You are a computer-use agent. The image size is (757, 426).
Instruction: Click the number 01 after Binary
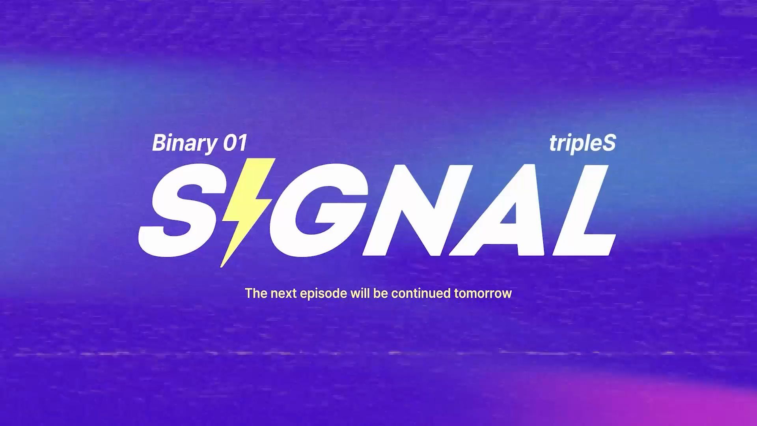click(x=235, y=143)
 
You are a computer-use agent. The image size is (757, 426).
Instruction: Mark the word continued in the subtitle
click(x=421, y=293)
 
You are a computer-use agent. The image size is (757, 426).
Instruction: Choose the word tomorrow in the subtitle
click(x=483, y=294)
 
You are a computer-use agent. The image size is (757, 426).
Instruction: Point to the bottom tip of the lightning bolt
click(x=221, y=267)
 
